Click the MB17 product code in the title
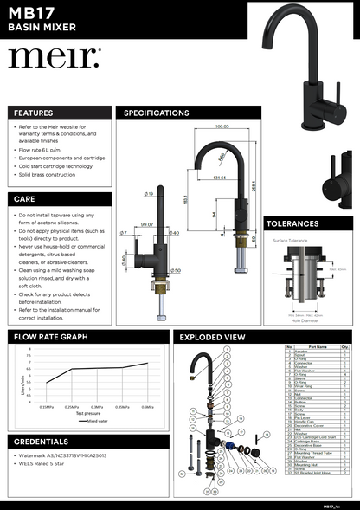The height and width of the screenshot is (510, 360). pyautogui.click(x=29, y=13)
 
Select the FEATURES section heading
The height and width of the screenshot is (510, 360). pyautogui.click(x=33, y=113)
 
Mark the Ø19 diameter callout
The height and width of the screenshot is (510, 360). pyautogui.click(x=149, y=194)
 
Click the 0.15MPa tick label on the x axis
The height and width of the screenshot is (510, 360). pyautogui.click(x=48, y=406)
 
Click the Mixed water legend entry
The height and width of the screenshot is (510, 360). pyautogui.click(x=97, y=422)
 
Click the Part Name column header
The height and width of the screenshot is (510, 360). pyautogui.click(x=317, y=346)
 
